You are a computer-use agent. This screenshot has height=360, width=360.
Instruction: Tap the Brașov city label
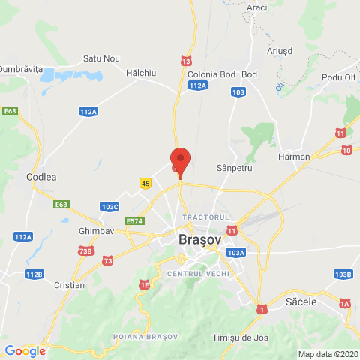point(200,240)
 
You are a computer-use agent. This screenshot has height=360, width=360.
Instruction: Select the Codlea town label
point(41,177)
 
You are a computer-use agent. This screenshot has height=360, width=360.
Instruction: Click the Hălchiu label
point(141,73)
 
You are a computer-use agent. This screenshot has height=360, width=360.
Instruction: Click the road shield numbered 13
point(186,60)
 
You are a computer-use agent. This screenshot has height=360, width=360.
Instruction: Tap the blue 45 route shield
point(145,183)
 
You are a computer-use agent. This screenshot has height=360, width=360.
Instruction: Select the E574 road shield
point(135,220)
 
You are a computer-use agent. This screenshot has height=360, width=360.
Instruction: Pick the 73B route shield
point(85,250)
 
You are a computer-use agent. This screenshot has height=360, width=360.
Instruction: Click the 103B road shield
point(343,274)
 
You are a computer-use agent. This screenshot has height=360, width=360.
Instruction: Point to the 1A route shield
point(344,302)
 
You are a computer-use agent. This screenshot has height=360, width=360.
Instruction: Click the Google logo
point(25,350)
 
